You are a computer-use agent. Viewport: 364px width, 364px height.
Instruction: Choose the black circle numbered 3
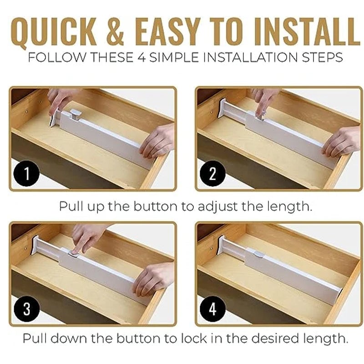pos(27,309)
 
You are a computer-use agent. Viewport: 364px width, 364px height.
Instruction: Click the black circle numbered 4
pos(212,309)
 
